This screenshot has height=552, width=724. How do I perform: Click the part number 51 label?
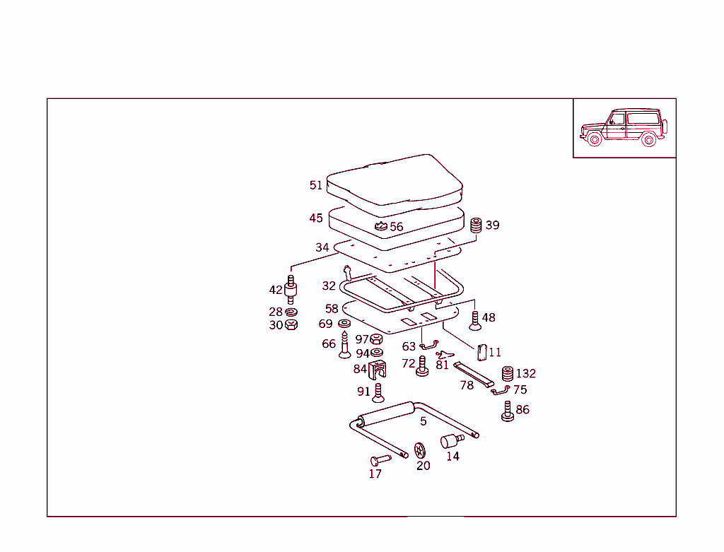[315, 185]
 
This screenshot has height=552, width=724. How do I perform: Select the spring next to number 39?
[476, 225]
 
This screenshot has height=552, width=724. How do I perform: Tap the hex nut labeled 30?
[291, 325]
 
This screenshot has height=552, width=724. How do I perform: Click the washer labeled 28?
[291, 312]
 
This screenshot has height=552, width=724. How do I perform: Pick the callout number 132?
[526, 373]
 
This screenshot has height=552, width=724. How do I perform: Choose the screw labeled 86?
[507, 411]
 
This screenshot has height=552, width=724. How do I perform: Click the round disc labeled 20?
[421, 450]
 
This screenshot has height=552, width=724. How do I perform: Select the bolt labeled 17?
[379, 459]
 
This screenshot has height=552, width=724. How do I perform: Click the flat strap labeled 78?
[474, 374]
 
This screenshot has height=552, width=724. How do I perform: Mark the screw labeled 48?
[475, 321]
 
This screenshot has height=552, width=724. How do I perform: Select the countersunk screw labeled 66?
[345, 346]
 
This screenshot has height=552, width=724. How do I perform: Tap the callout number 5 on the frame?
[423, 421]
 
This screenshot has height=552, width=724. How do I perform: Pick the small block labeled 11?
[481, 351]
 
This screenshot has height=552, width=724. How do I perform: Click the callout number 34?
[322, 247]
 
